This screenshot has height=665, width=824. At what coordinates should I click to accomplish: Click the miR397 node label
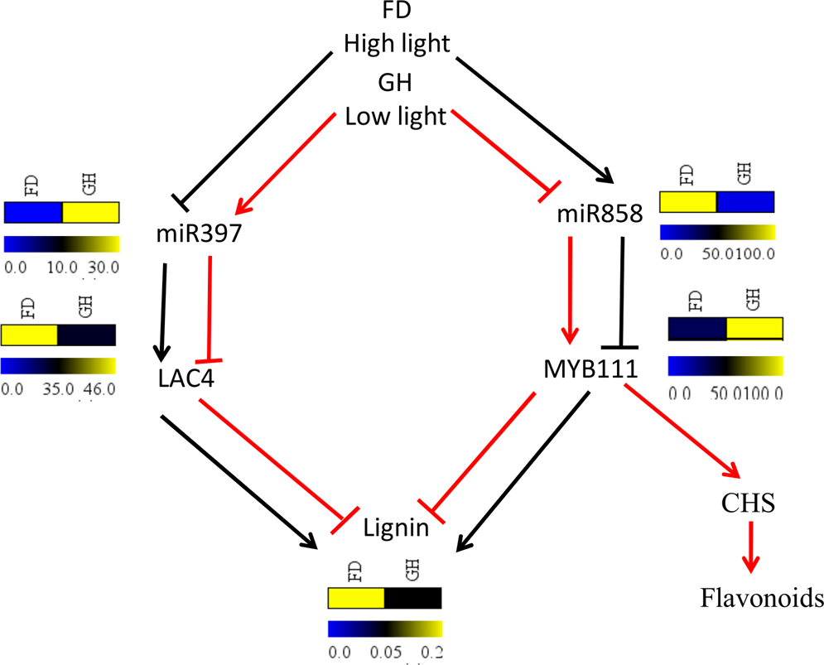pyautogui.click(x=199, y=235)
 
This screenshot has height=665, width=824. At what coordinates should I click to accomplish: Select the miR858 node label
pyautogui.click(x=600, y=216)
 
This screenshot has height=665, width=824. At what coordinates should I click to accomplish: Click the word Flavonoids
pyautogui.click(x=761, y=597)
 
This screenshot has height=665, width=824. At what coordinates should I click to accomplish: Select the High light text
pyautogui.click(x=397, y=43)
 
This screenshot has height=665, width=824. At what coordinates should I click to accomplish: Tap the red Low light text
pyautogui.click(x=395, y=116)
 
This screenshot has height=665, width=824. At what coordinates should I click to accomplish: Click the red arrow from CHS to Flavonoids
pyautogui.click(x=749, y=550)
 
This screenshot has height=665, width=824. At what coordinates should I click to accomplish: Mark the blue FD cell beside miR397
pyautogui.click(x=33, y=213)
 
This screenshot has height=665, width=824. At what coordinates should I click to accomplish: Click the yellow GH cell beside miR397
pyautogui.click(x=91, y=213)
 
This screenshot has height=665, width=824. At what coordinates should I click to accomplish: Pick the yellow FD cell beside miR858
pyautogui.click(x=687, y=203)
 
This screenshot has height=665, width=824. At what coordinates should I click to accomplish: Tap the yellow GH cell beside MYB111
pyautogui.click(x=754, y=329)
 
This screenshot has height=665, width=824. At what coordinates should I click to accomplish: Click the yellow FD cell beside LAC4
pyautogui.click(x=29, y=335)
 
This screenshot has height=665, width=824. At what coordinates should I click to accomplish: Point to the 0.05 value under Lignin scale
pyautogui.click(x=383, y=652)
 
